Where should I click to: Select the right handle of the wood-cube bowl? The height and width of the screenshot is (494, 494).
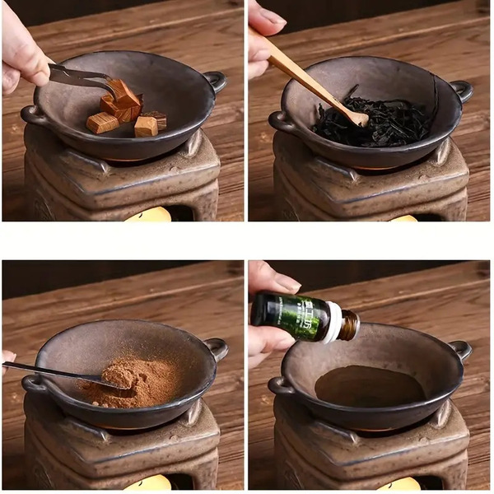[216, 80]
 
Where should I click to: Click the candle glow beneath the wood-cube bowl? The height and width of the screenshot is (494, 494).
[148, 215]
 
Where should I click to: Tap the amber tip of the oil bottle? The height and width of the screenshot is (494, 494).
[350, 324]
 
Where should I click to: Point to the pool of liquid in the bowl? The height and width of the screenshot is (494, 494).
[370, 385]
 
